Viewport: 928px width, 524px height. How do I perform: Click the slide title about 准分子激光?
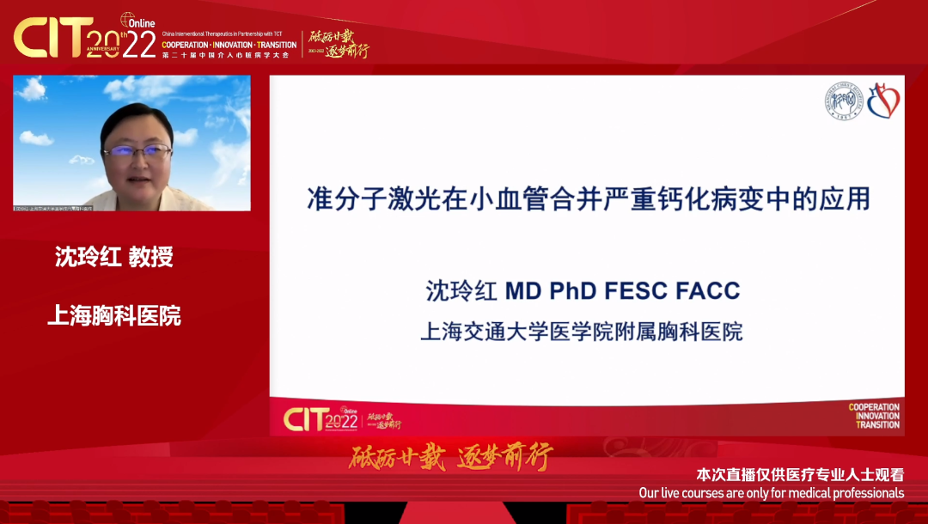[x=589, y=199]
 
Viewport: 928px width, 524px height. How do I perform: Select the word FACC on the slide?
[x=709, y=291]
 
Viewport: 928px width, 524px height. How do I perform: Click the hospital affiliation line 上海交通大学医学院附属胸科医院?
[x=581, y=332]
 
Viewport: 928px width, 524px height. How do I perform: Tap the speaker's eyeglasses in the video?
[x=137, y=151]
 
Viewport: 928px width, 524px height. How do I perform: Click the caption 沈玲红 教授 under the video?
[x=114, y=257]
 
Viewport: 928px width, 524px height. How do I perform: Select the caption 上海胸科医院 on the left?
[x=114, y=315]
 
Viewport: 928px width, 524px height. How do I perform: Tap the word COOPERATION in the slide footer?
[x=874, y=407]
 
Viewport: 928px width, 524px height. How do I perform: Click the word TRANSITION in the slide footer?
[x=878, y=425]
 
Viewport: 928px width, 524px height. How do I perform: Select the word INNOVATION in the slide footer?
[x=876, y=417]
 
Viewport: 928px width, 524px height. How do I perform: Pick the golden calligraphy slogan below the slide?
[x=450, y=457]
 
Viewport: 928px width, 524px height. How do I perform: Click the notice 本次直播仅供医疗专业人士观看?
[x=799, y=475]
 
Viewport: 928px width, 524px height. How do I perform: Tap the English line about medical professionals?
[x=772, y=493]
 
